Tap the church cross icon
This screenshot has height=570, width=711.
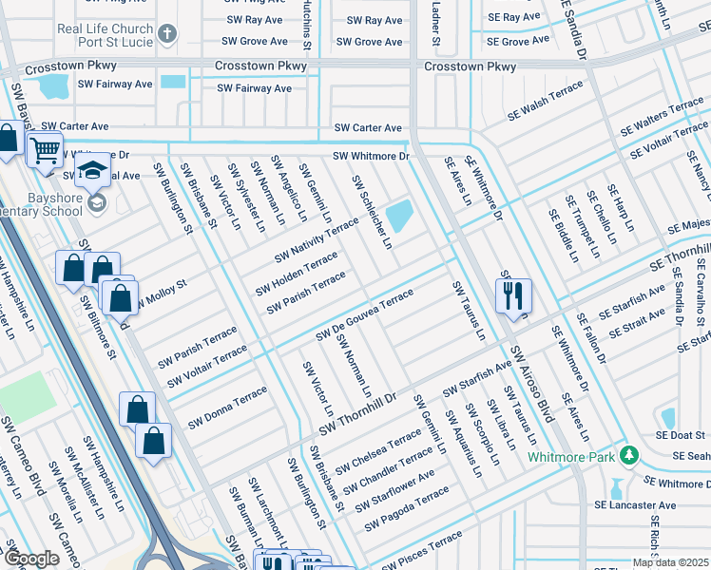pos(167,35)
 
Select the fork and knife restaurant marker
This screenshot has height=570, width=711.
pos(513,294)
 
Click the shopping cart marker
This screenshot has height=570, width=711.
pos(44,149)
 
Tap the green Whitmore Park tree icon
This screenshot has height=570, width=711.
pos(627,456)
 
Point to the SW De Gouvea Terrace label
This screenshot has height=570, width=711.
pos(365,315)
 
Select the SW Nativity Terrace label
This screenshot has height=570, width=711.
pos(317,240)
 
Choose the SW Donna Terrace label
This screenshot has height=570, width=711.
pos(227,408)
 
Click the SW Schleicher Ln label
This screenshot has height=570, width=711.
pos(372,212)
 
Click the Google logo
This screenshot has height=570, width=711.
pos(32,559)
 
